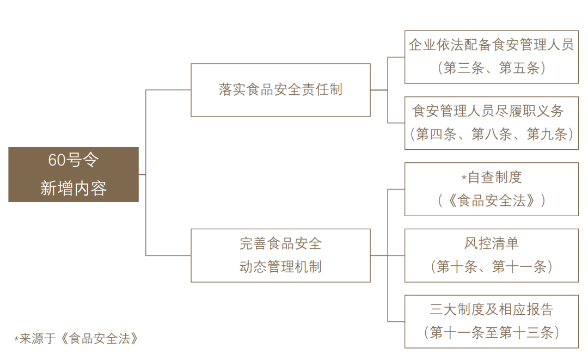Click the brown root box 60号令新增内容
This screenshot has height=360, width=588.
pos(73,174)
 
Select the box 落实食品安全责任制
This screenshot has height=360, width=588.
pos(280,90)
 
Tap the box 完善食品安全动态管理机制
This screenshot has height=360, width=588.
pos(280,255)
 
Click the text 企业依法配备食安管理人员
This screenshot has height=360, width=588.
pos(491,45)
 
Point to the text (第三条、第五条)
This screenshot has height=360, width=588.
pos(491,68)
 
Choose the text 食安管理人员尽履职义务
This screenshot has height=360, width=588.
pos(488,111)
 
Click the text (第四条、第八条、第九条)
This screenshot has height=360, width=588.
pos(492,134)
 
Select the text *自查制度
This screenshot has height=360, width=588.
pos(492,178)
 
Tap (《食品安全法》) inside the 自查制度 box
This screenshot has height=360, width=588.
pos(492,200)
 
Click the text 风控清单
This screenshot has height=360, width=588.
pos(492,243)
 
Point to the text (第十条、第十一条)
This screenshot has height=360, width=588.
pos(492,267)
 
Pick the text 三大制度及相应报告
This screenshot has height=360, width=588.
pos(492,309)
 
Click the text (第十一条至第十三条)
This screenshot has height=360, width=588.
pos(492,333)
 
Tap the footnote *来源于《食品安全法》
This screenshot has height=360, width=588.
pos(76,339)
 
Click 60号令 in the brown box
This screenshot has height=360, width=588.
pos(73,160)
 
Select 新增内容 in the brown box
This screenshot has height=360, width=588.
pos(73,188)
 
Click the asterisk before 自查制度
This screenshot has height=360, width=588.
pos(464,178)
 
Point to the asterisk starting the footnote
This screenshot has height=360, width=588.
pos(16,339)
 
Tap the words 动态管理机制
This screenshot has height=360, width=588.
pos(280,267)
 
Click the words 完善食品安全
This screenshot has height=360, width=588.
pos(280,244)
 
